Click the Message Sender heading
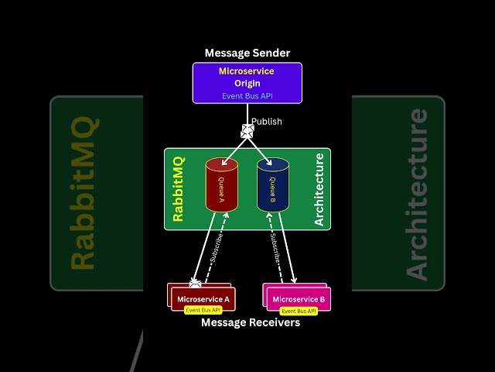(247, 53)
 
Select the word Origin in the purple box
(247, 84)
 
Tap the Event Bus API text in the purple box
(247, 96)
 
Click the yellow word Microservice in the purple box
(247, 71)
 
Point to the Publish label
(267, 122)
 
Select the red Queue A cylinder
(221, 184)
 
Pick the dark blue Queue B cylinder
(272, 184)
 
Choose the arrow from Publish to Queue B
(260, 150)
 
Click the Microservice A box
(203, 299)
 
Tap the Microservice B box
(299, 299)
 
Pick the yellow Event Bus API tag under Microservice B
(299, 311)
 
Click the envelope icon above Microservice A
(195, 284)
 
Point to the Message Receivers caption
(250, 322)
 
